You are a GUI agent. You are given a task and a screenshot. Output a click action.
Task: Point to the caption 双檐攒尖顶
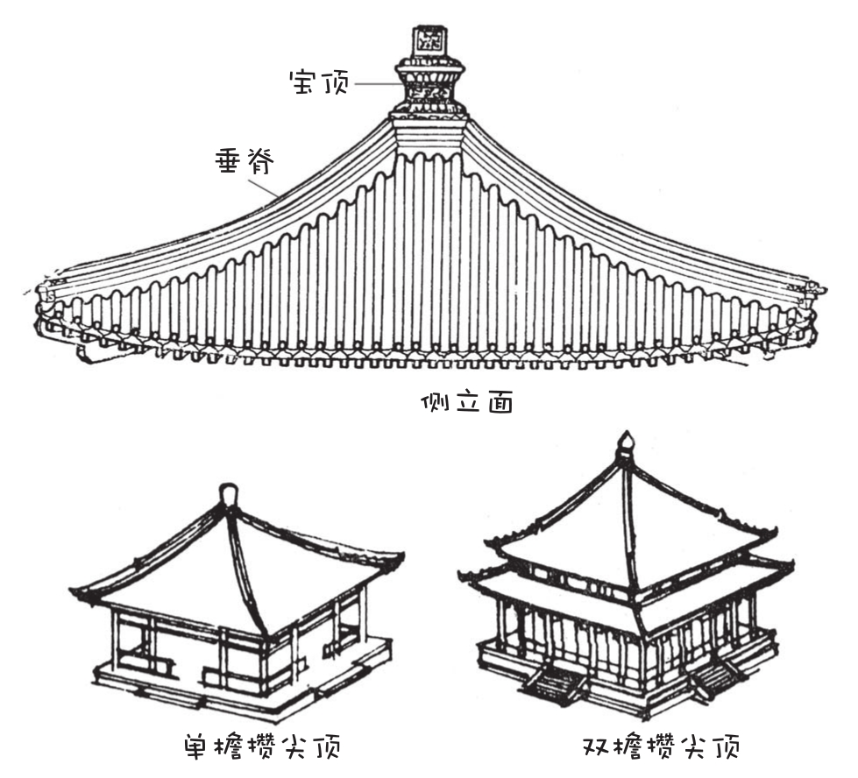(662, 747)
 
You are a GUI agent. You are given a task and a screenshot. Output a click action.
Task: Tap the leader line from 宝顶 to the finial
(374, 84)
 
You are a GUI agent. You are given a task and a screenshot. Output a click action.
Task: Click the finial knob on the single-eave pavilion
(228, 496)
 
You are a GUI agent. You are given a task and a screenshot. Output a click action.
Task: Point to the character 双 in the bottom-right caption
(599, 747)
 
